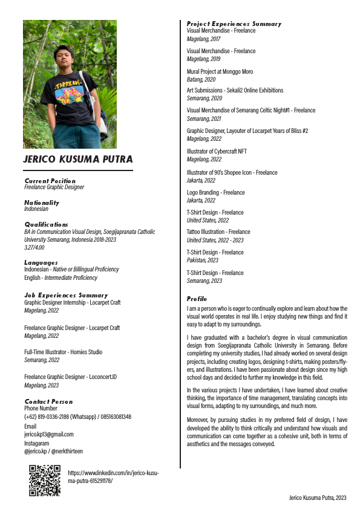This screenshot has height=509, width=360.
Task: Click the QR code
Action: (45, 481)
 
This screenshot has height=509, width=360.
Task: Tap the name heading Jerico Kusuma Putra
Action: (77, 160)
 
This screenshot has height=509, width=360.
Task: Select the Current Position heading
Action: (50, 181)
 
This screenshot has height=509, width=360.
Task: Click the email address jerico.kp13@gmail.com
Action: (49, 434)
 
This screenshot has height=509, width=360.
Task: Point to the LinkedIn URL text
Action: (113, 477)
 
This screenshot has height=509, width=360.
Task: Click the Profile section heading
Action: (197, 299)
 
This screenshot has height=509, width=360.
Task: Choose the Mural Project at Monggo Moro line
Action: (220, 71)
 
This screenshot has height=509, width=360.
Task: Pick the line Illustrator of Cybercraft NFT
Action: (217, 151)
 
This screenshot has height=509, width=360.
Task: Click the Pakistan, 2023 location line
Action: (203, 261)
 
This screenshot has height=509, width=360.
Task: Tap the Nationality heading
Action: (42, 203)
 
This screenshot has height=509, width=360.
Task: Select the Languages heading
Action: (41, 263)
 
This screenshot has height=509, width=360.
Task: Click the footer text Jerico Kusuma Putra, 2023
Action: (317, 497)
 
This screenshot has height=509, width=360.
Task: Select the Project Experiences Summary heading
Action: (234, 24)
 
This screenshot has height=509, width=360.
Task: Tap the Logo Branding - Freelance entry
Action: (216, 192)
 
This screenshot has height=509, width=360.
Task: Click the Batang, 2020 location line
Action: (201, 79)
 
